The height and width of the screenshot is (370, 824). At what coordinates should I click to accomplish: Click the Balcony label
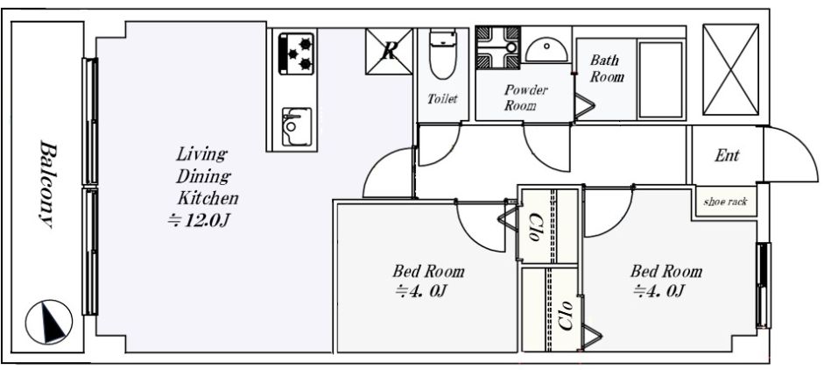coord(47,185)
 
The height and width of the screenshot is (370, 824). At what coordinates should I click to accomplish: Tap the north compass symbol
coord(49,322)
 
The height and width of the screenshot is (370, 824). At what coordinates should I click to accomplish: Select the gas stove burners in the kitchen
coord(296,53)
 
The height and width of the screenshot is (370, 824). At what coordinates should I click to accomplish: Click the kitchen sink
coord(296,127)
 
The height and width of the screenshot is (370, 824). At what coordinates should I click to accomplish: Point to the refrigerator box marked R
coord(389,52)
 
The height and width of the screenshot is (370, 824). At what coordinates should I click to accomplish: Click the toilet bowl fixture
coord(442,54)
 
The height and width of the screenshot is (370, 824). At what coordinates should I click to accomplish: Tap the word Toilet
coord(442,98)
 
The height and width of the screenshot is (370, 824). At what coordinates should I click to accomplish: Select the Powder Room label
coord(525,97)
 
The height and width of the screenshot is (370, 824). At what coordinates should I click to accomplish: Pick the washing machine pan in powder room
coord(497,48)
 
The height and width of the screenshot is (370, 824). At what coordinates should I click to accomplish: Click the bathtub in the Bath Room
coord(660,80)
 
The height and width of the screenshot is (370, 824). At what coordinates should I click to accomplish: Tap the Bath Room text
coord(607,68)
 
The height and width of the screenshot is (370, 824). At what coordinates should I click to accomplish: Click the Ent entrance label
coord(727,155)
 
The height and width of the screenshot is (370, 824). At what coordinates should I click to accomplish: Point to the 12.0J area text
coord(198,221)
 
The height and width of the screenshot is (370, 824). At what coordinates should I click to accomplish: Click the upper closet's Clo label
coord(535,227)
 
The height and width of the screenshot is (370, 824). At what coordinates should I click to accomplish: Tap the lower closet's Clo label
coord(566,316)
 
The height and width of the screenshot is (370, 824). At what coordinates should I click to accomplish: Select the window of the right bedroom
coord(763,285)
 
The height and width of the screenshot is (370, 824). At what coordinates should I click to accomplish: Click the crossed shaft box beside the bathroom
coord(730,69)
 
